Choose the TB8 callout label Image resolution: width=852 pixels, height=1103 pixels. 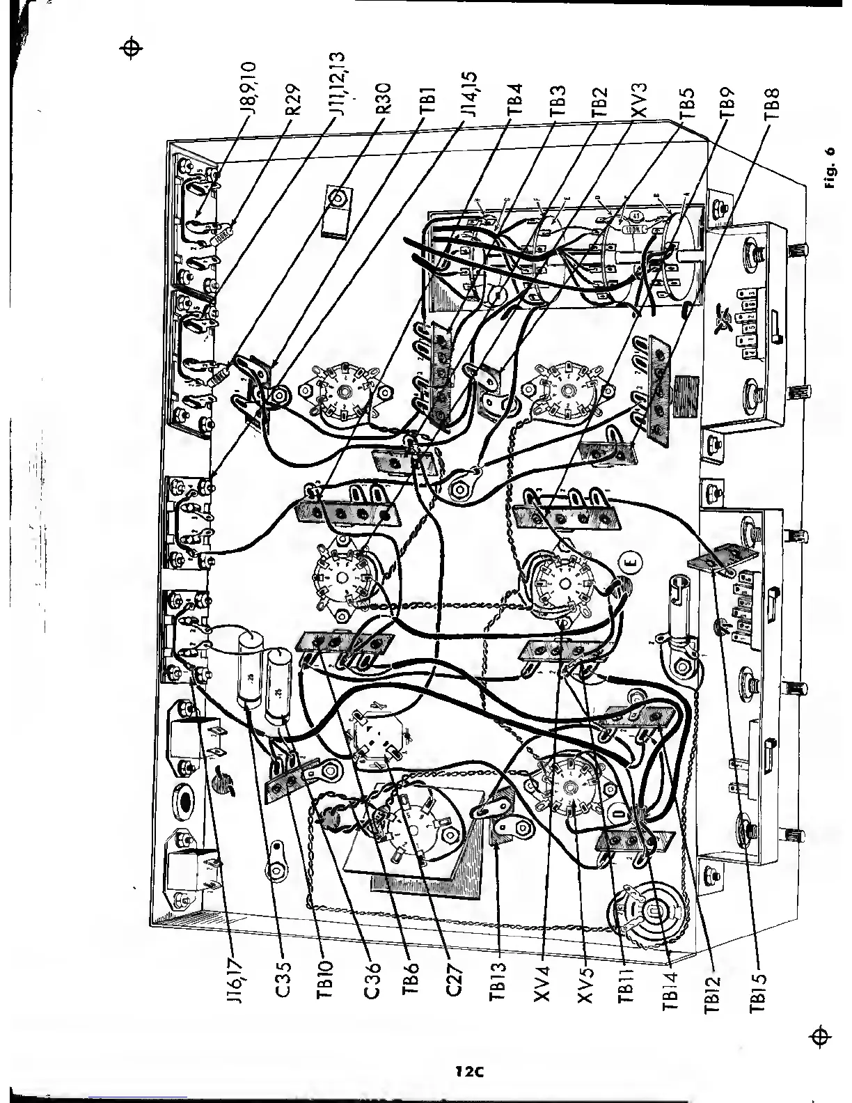click(x=769, y=102)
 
